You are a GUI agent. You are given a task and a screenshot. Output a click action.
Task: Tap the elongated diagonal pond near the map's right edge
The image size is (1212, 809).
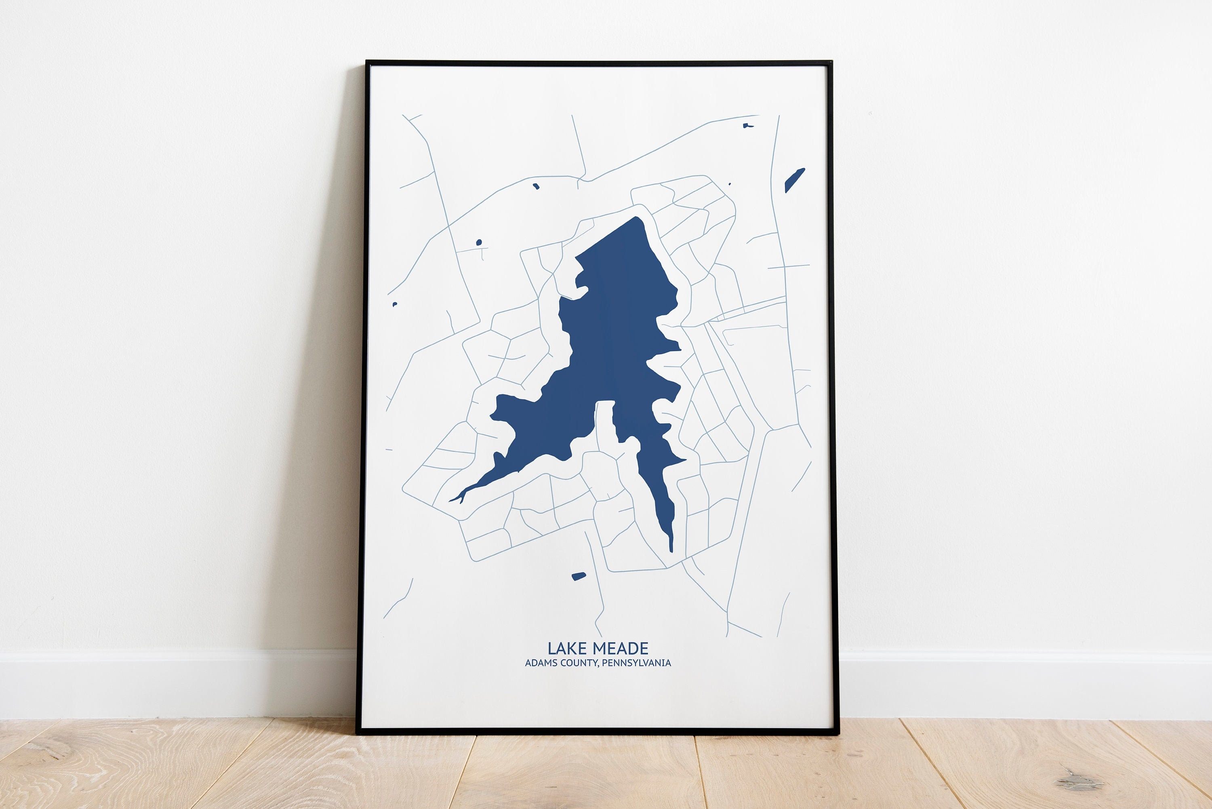point(794,180)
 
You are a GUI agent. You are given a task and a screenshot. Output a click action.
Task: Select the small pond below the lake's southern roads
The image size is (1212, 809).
point(579,576)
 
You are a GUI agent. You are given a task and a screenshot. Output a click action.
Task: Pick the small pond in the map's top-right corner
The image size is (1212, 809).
point(747,125)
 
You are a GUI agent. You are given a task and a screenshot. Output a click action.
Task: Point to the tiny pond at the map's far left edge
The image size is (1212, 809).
point(395,304)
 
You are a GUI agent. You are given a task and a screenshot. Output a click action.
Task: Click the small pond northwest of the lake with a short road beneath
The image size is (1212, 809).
point(479,242)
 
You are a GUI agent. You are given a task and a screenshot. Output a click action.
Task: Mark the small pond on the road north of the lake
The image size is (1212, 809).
point(536,186)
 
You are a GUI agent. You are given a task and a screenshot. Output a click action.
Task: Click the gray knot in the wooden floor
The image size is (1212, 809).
point(1079,783)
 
